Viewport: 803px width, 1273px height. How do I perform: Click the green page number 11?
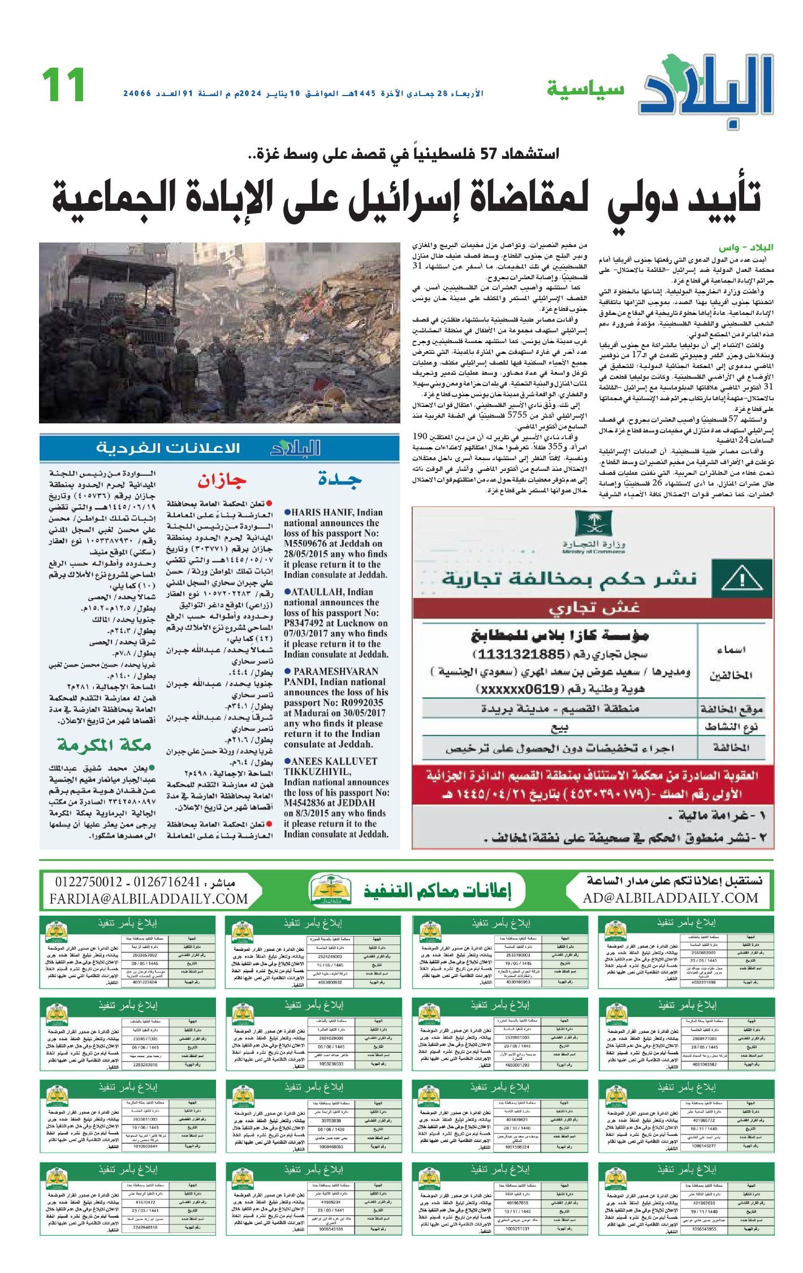point(64,85)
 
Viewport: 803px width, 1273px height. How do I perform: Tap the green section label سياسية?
point(585,89)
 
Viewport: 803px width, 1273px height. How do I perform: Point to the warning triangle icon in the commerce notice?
point(735,579)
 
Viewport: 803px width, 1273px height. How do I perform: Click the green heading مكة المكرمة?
point(105,746)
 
